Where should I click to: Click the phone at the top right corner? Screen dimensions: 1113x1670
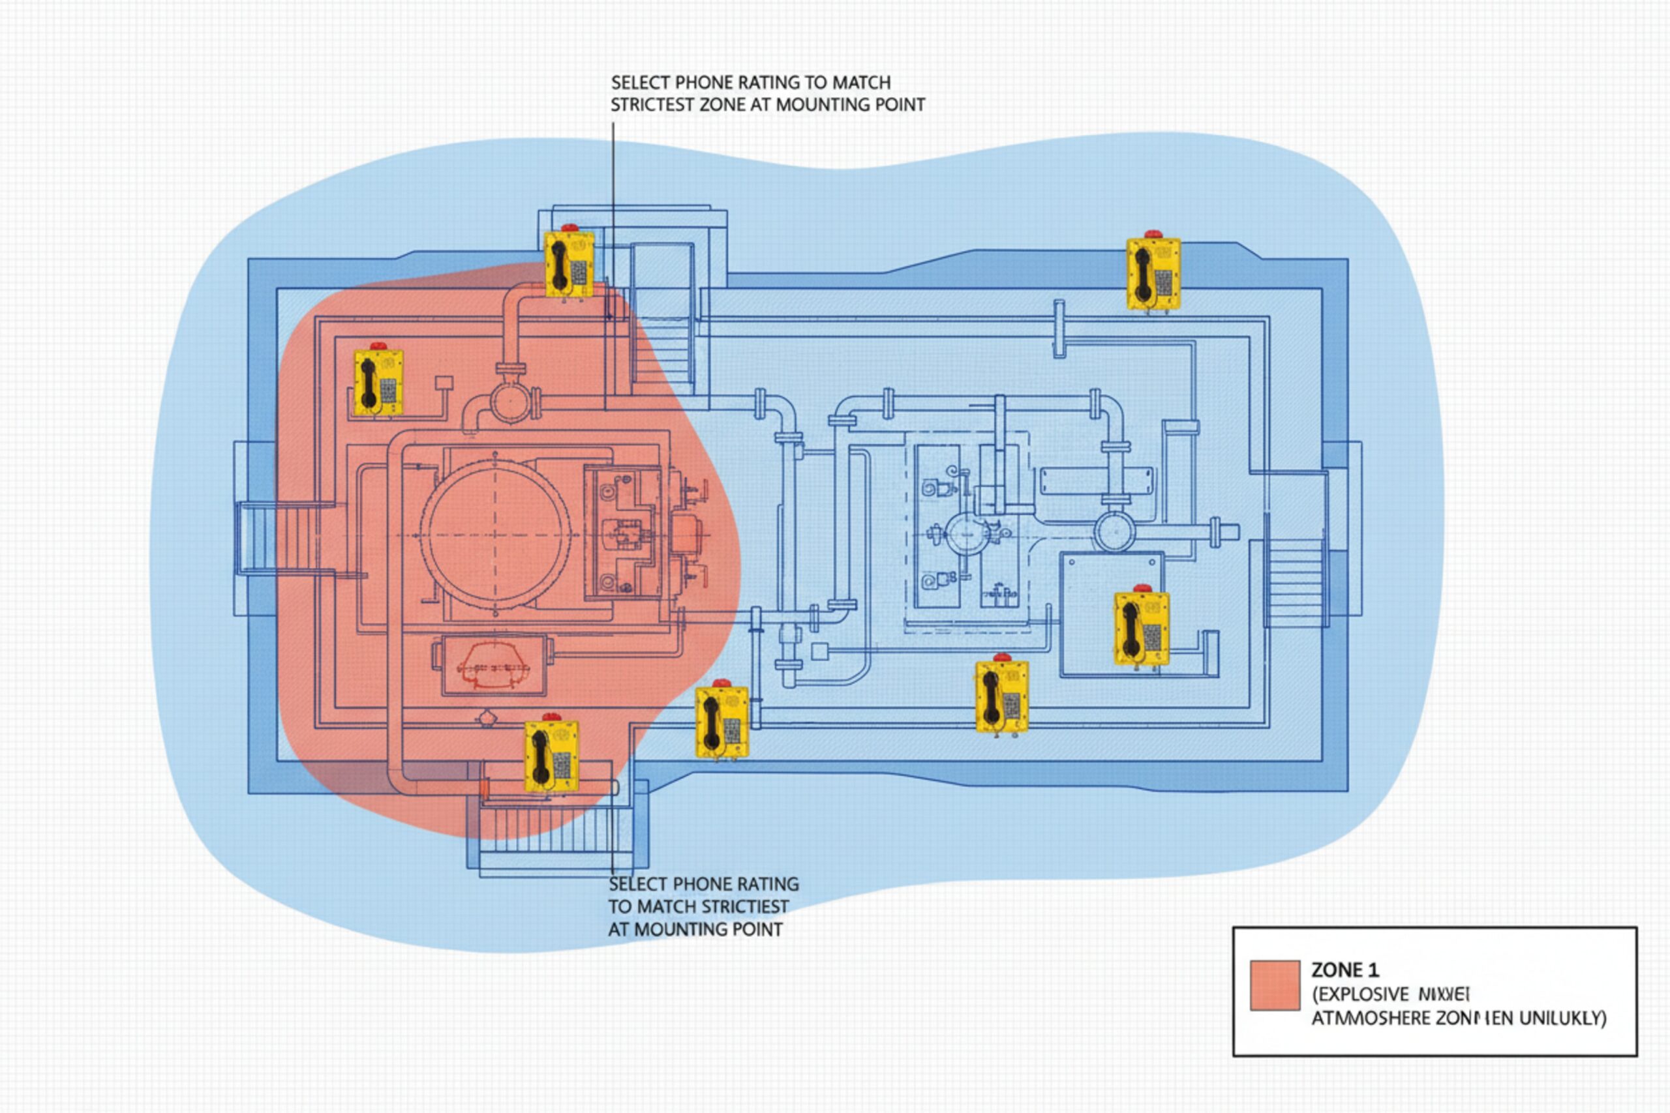[1153, 273]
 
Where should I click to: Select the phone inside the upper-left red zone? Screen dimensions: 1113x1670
[378, 383]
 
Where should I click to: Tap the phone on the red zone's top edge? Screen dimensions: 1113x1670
[568, 264]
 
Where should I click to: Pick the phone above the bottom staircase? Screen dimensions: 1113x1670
[551, 756]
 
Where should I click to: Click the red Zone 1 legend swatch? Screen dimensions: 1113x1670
[1275, 985]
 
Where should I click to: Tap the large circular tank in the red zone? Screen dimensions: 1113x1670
[496, 534]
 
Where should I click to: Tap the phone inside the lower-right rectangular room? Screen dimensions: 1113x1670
[1141, 629]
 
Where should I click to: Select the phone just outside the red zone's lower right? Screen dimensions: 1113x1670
[721, 722]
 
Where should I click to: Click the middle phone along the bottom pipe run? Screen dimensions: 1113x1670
[1002, 696]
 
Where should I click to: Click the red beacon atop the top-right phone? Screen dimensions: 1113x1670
[1153, 234]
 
